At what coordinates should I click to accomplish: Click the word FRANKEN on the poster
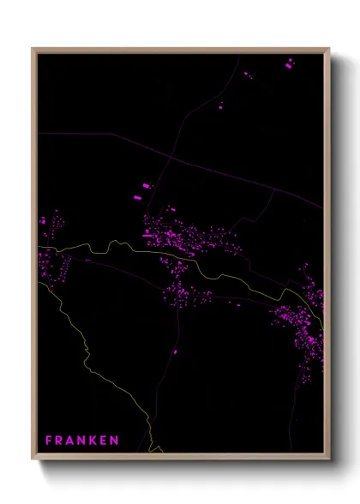click(x=82, y=441)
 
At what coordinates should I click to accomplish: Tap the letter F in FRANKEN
click(x=49, y=441)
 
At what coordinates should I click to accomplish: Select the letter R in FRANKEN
click(x=59, y=441)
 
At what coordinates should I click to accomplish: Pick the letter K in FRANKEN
click(x=93, y=441)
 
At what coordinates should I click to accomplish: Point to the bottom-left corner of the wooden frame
click(x=33, y=459)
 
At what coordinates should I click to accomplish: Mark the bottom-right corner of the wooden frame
click(x=329, y=459)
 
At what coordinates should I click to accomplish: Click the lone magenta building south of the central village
click(x=175, y=351)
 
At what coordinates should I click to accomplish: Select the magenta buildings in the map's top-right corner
click(x=289, y=62)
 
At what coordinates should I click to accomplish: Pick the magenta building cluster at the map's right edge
click(x=304, y=321)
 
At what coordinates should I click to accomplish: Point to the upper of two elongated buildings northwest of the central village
click(x=144, y=185)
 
